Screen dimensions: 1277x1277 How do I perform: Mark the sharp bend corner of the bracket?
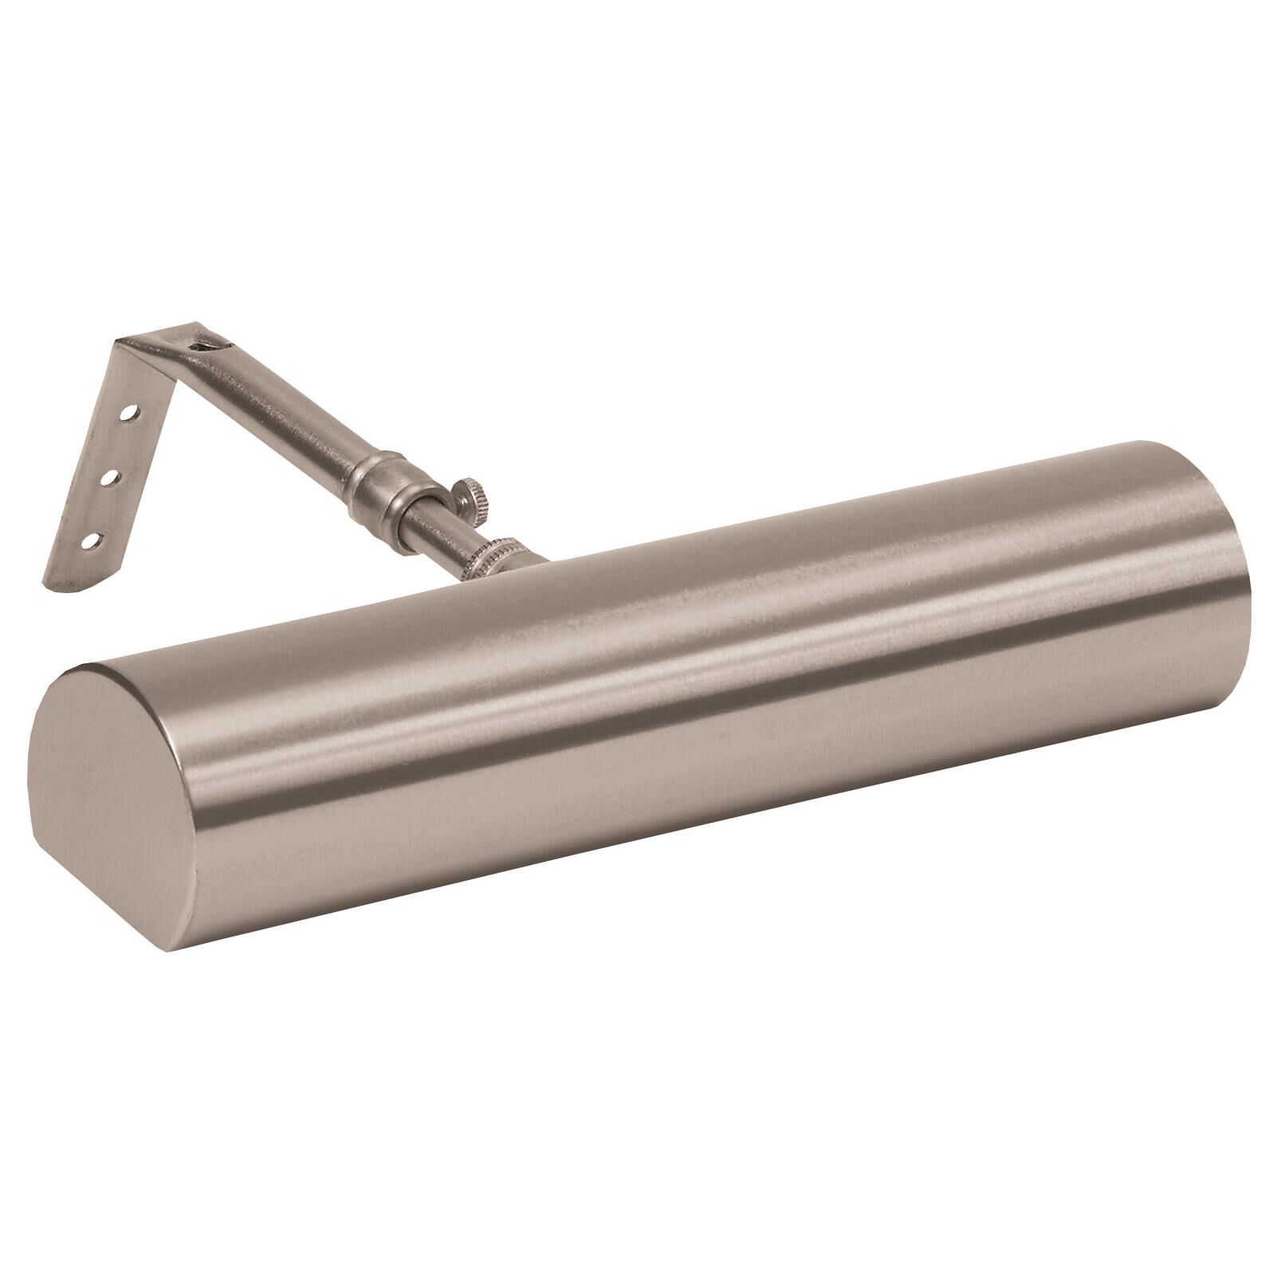click(x=121, y=344)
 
